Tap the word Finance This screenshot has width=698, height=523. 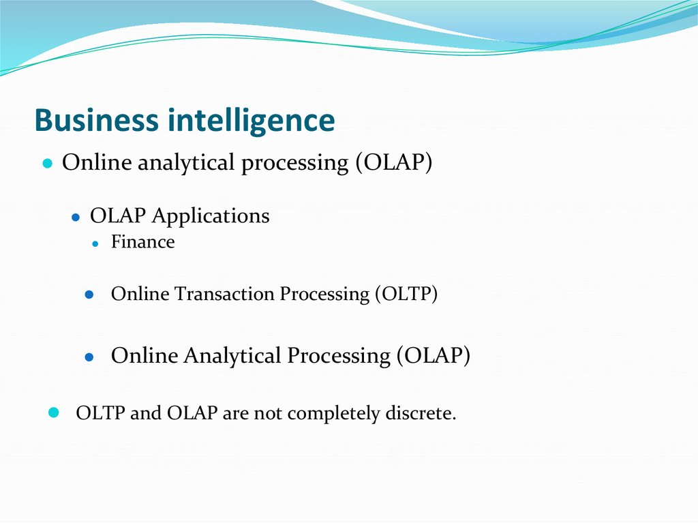point(142,242)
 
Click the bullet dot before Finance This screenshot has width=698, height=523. point(96,243)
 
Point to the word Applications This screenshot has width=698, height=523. point(211,216)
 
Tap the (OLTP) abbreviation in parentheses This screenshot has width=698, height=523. point(406,294)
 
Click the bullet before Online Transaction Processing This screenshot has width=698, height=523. point(89,295)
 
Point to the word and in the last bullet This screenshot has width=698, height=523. point(145,413)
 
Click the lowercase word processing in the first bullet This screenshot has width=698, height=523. point(295,164)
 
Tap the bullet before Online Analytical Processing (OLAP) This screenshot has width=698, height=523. point(89,357)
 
